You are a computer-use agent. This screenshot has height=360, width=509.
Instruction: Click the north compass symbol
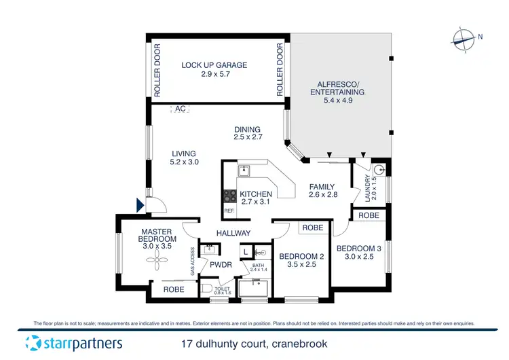(464, 39)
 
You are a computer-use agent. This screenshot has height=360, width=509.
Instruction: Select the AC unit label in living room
(180, 108)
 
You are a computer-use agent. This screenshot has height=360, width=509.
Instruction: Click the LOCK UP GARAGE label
(214, 65)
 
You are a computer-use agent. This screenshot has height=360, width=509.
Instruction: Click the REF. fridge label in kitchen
(229, 211)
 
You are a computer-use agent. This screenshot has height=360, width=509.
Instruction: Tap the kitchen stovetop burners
(228, 196)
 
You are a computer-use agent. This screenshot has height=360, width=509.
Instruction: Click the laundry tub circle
(379, 170)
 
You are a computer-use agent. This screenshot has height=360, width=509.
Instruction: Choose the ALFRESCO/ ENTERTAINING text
(337, 87)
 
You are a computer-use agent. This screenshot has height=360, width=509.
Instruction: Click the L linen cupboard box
(247, 252)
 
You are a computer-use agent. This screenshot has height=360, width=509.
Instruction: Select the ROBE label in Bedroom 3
(368, 215)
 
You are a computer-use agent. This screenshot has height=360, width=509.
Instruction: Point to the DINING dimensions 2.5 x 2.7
(247, 137)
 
